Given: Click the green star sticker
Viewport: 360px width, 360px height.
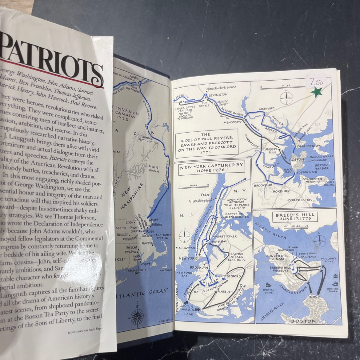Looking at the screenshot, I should click(x=317, y=92).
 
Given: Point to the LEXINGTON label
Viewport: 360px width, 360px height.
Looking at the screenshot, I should click(x=218, y=95).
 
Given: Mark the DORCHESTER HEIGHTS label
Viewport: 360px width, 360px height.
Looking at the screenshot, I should click(x=312, y=180).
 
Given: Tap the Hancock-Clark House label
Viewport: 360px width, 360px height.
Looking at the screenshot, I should click(x=221, y=87).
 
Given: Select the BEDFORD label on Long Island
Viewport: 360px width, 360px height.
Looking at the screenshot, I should click(x=234, y=272).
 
